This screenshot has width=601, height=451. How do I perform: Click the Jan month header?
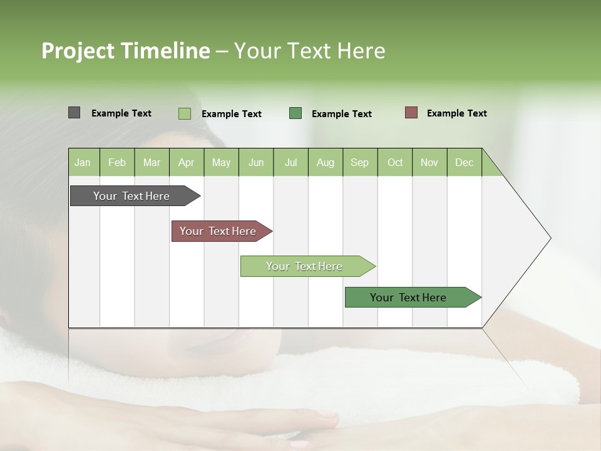click(83, 162)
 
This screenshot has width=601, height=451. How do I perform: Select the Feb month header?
click(117, 162)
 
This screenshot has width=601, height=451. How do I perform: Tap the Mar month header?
click(152, 162)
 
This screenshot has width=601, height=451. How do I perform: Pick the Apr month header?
click(187, 162)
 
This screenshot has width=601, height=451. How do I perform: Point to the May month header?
click(221, 162)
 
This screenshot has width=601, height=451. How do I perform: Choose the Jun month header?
click(256, 162)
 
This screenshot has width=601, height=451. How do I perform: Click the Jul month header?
click(290, 162)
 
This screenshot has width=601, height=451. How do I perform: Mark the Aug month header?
click(326, 162)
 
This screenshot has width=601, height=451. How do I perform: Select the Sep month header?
click(360, 162)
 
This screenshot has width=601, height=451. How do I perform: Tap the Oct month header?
click(395, 162)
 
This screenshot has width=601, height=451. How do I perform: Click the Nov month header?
click(429, 162)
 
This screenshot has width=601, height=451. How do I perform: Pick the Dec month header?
click(465, 162)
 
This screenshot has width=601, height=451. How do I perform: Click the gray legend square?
click(74, 113)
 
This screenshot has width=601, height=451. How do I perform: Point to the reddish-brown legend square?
click(411, 113)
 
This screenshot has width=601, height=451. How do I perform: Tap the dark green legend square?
click(295, 113)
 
